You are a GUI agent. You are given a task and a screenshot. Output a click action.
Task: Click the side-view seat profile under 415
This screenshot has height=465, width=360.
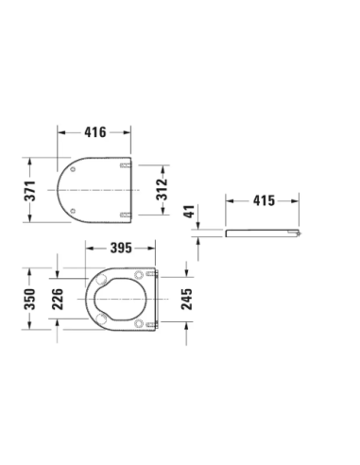pyautogui.click(x=265, y=232)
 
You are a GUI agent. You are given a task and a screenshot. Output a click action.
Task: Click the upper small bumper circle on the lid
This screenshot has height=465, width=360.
pyautogui.click(x=73, y=170)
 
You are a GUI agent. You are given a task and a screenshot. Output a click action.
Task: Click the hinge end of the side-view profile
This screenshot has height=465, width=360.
pyautogui.click(x=300, y=232)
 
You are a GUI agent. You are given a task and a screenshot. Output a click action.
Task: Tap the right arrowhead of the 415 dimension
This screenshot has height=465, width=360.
pyautogui.click(x=302, y=201)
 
